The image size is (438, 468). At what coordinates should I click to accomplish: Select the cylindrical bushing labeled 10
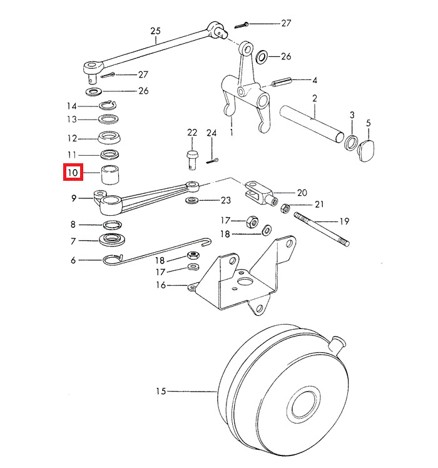pos(111,174)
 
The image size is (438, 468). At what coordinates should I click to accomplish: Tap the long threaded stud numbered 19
pos(321,230)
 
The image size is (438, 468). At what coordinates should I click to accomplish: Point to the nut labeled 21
pos(284,208)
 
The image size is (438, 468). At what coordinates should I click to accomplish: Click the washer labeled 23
pos(191,201)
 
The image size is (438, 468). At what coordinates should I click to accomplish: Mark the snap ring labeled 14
pos(110,104)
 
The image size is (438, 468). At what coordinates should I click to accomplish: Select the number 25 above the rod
pos(156,31)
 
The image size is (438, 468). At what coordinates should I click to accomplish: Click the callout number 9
pos(73,198)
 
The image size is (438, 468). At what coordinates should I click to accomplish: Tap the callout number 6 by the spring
pos(73,260)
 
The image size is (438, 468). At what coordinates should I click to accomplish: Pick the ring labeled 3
pos(352,143)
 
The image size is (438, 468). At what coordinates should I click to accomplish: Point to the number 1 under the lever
pos(232,133)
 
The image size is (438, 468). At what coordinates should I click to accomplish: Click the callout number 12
pos(73,138)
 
